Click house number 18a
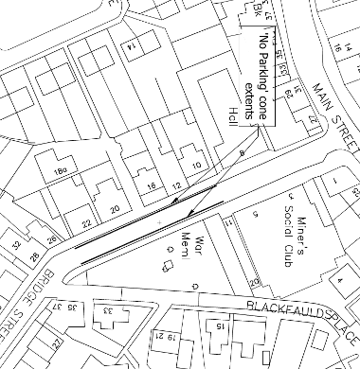(64, 171)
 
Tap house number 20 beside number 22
(116, 208)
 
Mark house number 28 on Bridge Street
(36, 257)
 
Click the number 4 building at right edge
(340, 281)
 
